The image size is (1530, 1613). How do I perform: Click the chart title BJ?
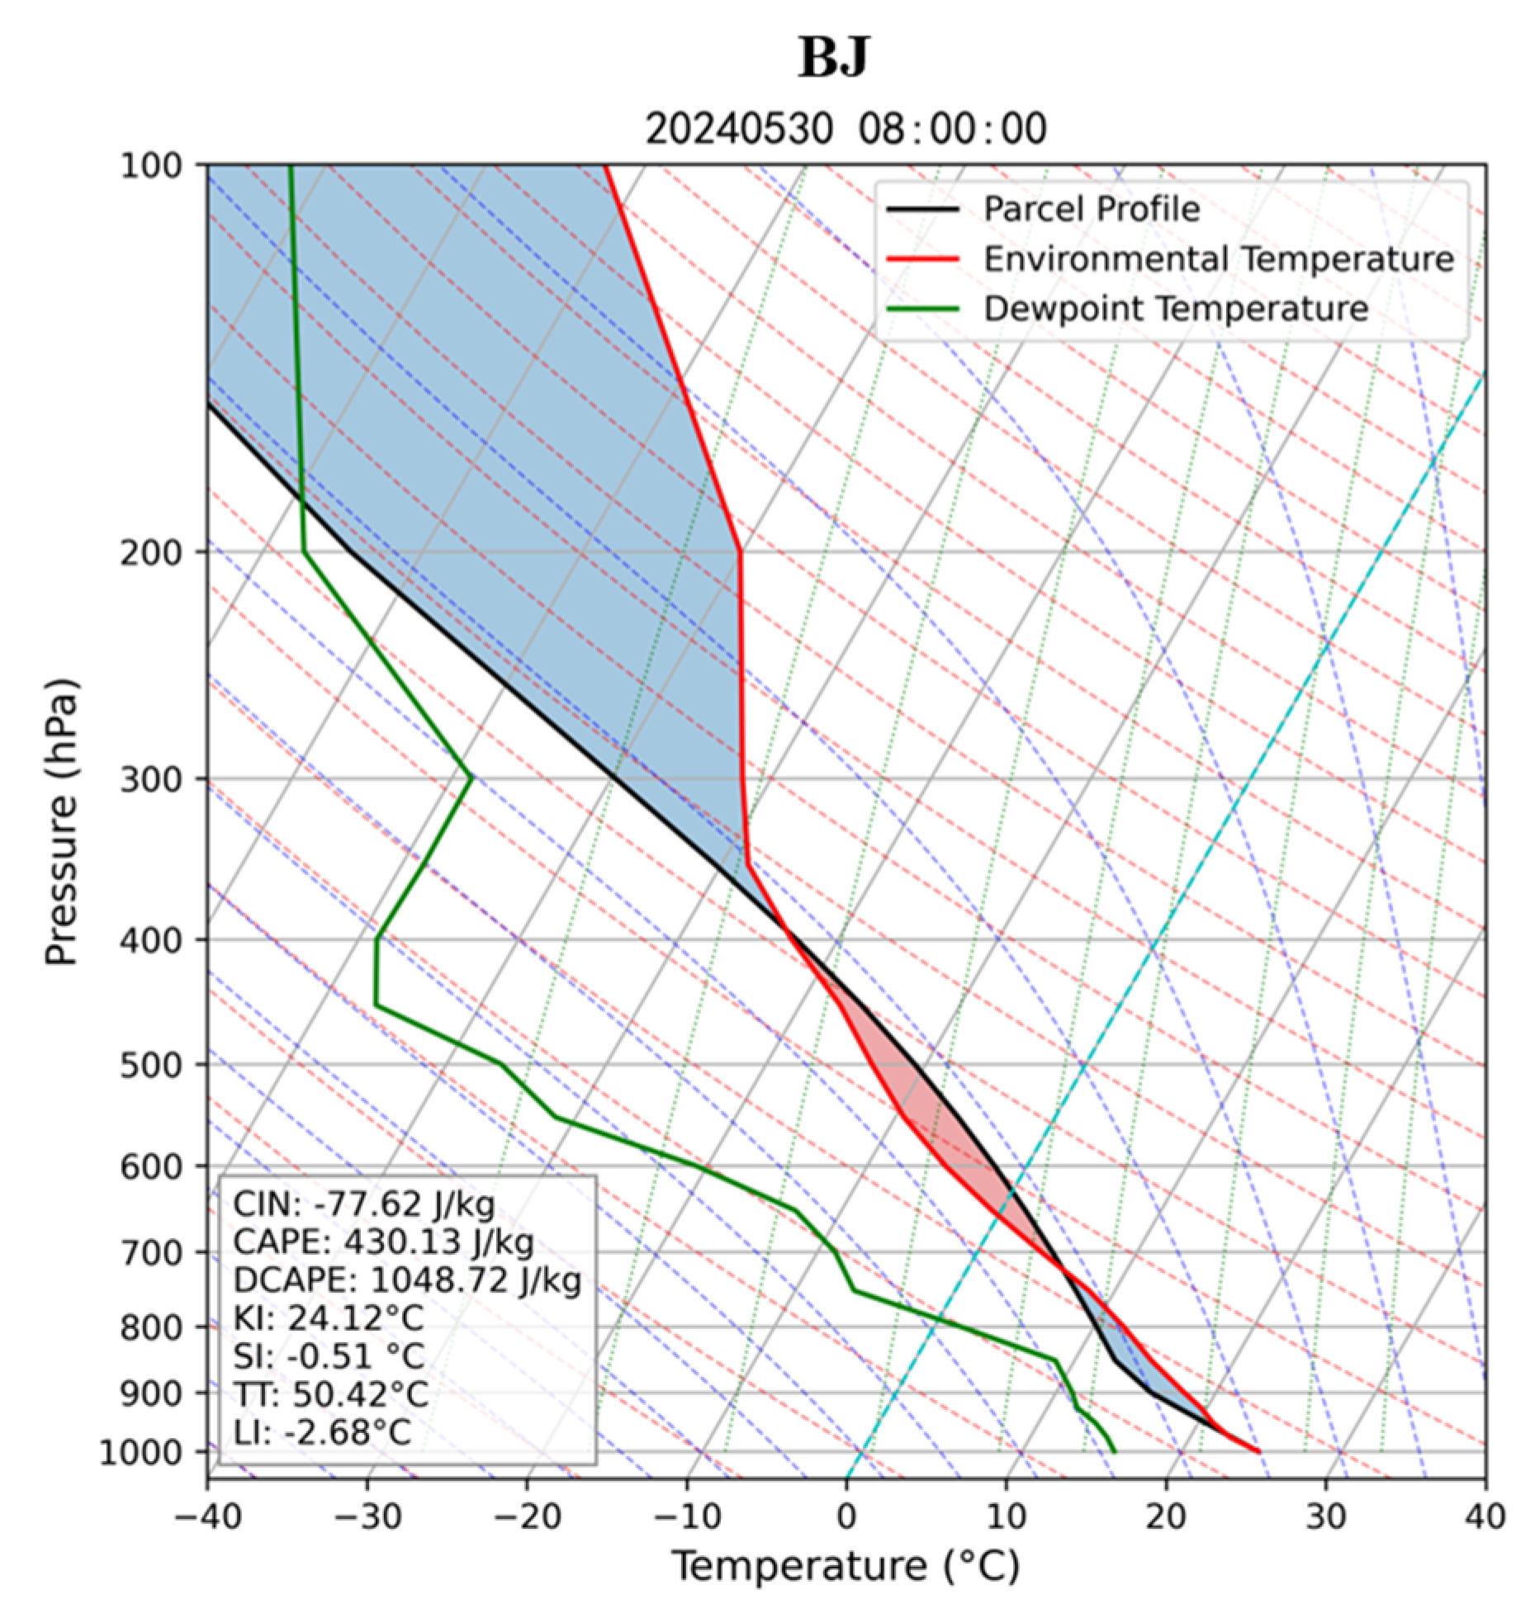pyautogui.click(x=833, y=58)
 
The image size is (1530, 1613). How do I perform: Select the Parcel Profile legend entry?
pyautogui.click(x=1090, y=209)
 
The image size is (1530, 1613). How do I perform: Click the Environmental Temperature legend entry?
pyautogui.click(x=1217, y=259)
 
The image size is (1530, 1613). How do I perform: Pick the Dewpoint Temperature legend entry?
pyautogui.click(x=1175, y=310)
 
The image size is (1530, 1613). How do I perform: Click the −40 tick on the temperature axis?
pyautogui.click(x=207, y=1516)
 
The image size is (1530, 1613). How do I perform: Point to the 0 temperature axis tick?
pyautogui.click(x=846, y=1516)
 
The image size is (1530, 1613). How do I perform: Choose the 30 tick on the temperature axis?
pyautogui.click(x=1326, y=1516)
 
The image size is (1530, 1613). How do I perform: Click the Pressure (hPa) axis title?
pyautogui.click(x=62, y=821)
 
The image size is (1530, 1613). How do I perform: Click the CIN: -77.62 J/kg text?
pyautogui.click(x=363, y=1204)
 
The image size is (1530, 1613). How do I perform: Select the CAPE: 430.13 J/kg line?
pyautogui.click(x=383, y=1242)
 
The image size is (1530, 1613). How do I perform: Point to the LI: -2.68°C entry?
pyautogui.click(x=322, y=1432)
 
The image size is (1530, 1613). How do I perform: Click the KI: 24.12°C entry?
pyautogui.click(x=329, y=1318)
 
